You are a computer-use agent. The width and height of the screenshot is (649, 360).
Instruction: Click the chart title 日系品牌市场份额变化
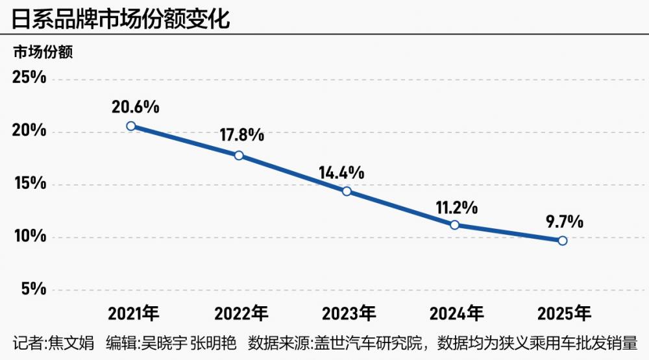121,18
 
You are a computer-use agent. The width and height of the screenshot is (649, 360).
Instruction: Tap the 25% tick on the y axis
29,78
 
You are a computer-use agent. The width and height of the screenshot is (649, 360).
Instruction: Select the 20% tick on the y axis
29,132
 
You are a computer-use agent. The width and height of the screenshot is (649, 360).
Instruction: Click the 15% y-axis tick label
29,184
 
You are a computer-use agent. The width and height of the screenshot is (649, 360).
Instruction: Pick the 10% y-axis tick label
29,237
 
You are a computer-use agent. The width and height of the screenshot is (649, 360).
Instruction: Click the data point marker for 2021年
131,126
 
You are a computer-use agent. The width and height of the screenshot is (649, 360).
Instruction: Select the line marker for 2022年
239,156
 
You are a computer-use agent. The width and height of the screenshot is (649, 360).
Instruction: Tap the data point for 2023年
347,191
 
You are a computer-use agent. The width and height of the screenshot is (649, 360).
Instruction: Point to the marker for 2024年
455,225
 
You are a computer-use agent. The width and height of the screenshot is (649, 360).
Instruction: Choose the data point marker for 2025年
563,241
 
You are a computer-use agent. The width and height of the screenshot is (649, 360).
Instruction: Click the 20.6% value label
135,106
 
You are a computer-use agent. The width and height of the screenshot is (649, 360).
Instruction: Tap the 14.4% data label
341,173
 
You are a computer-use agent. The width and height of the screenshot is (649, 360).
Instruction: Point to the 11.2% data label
456,208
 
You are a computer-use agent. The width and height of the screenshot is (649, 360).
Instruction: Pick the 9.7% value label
564,222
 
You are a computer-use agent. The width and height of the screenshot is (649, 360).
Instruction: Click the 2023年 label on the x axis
349,315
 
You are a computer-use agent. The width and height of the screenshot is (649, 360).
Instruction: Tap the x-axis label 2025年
565,315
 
